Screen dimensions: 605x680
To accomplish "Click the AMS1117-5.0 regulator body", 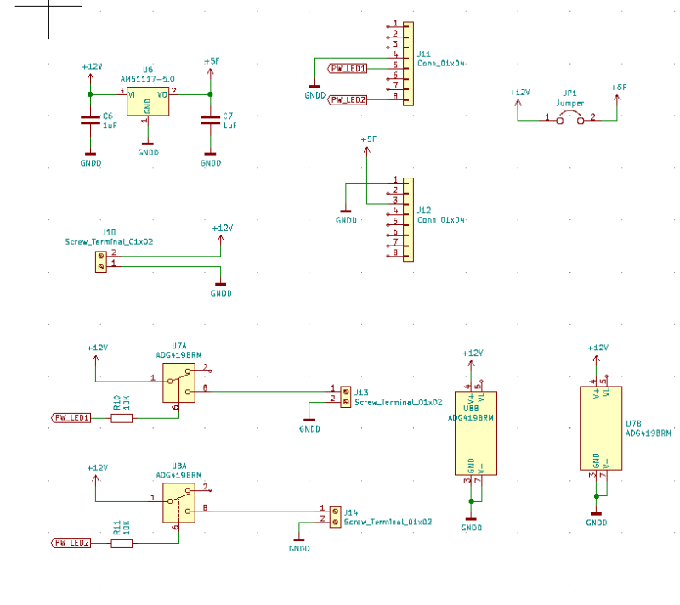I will (x=147, y=102).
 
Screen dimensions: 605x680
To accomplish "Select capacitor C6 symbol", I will (x=90, y=120).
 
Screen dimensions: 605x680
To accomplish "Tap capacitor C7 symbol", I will (x=210, y=120).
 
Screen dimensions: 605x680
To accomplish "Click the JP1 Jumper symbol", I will (x=570, y=119).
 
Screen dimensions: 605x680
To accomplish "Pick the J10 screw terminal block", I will (x=101, y=261).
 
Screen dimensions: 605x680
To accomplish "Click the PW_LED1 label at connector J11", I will (x=348, y=68).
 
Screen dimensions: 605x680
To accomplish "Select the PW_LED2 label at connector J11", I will (x=348, y=99).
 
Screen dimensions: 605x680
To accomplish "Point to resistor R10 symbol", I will (x=122, y=417).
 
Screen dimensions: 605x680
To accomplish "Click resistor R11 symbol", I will (x=122, y=542).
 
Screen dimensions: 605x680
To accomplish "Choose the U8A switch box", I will (x=178, y=504).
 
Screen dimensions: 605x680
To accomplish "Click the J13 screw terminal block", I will (x=345, y=396).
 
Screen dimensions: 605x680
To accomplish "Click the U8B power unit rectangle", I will (x=475, y=433).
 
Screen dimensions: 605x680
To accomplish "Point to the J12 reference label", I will (x=424, y=210).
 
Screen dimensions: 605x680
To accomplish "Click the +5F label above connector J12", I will (x=368, y=139).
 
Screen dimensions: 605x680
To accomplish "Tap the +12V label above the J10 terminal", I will (x=222, y=228).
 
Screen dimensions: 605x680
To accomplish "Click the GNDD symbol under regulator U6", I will (x=148, y=152).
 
